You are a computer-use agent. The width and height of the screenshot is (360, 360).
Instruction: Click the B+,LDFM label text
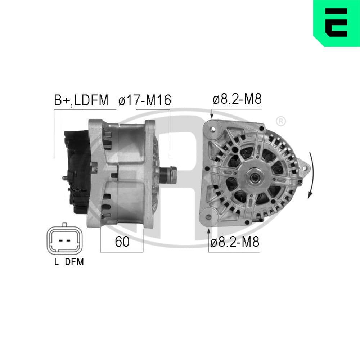coord(81,100)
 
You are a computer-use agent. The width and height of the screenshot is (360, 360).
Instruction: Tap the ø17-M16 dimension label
coord(144,100)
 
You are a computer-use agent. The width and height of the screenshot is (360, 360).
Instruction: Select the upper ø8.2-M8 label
coord(237,99)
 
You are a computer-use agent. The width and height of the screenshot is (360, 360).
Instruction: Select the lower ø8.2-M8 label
coord(235,242)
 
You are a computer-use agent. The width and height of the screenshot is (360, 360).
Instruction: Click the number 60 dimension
coord(122,242)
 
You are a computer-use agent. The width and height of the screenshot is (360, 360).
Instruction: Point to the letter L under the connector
coord(56,262)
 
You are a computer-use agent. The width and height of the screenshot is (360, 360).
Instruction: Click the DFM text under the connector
coord(74,262)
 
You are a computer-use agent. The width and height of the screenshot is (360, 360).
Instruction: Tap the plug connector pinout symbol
coord(64,240)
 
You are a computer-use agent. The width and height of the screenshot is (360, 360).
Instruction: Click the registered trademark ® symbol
coord(281,122)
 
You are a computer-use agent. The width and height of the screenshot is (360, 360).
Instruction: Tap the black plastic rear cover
coord(76,169)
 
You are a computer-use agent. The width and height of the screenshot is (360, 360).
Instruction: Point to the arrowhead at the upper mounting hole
coord(212,116)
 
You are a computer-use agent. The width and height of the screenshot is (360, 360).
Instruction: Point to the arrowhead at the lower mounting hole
coord(209,231)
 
